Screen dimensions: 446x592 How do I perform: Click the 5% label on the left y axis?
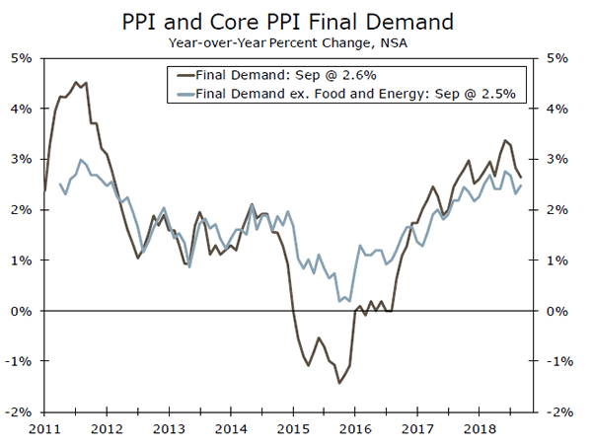click(x=22, y=58)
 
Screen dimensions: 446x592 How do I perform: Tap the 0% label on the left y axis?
click(x=22, y=311)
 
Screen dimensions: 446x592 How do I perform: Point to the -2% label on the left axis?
click(x=20, y=411)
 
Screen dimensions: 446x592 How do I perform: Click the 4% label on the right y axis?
click(x=557, y=109)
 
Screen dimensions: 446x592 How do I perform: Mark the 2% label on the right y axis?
click(x=557, y=209)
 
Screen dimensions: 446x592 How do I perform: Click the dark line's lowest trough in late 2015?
click(x=339, y=383)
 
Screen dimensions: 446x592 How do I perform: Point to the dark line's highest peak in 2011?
click(x=76, y=82)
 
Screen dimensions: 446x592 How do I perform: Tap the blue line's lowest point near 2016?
click(x=339, y=301)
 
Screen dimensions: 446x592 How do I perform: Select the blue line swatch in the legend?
click(x=183, y=94)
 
